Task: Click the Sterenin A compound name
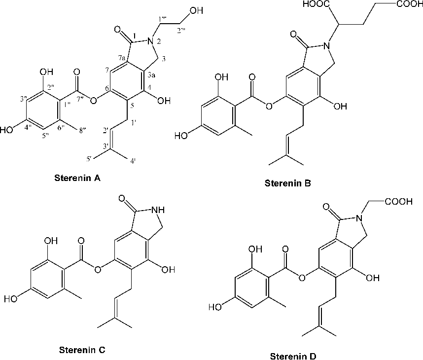point(77,178)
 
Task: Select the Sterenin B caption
point(287,183)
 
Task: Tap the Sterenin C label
point(82,351)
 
